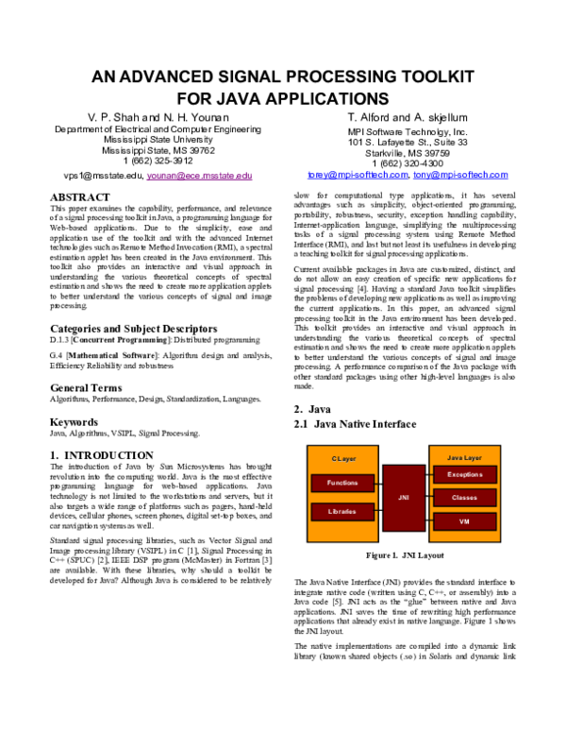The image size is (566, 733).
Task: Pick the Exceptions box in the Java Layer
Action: [464, 474]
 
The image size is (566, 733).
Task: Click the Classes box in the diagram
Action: [464, 497]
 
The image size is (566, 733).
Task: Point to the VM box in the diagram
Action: [464, 520]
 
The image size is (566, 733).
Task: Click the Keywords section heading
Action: [74, 422]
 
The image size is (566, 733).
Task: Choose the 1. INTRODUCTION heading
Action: [100, 455]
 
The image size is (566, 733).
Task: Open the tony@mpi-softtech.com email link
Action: [460, 175]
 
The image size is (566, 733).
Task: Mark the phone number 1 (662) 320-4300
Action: [408, 162]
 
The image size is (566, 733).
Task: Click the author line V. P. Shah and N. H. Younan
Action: [158, 116]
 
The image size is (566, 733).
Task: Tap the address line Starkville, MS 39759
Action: [408, 152]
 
